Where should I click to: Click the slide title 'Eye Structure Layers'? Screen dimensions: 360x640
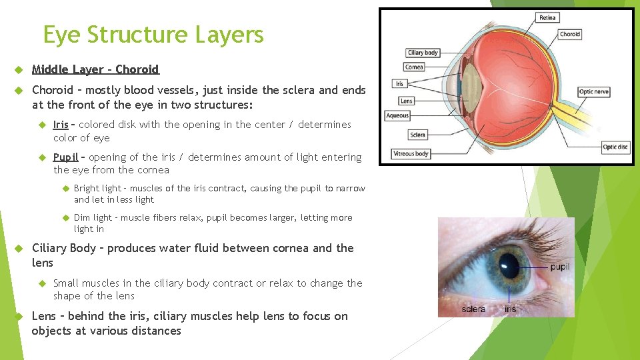pyautogui.click(x=153, y=35)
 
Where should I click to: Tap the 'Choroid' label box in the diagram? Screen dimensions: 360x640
pyautogui.click(x=569, y=34)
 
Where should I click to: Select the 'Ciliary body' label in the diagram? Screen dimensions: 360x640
pyautogui.click(x=423, y=53)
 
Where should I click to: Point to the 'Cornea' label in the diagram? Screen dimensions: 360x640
pyautogui.click(x=414, y=67)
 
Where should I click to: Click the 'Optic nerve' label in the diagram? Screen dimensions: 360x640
pyautogui.click(x=593, y=92)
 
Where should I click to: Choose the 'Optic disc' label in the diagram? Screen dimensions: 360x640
pyautogui.click(x=615, y=147)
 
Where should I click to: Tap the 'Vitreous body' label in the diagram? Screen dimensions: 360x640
pyautogui.click(x=411, y=153)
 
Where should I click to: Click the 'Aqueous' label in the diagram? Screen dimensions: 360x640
pyautogui.click(x=398, y=116)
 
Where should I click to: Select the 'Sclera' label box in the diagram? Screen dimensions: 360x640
pyautogui.click(x=417, y=135)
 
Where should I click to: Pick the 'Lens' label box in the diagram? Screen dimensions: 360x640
pyautogui.click(x=406, y=101)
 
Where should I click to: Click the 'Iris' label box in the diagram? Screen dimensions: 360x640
pyautogui.click(x=399, y=84)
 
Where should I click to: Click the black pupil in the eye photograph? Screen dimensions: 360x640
pyautogui.click(x=511, y=265)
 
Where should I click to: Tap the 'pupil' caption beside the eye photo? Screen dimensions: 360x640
pyautogui.click(x=560, y=267)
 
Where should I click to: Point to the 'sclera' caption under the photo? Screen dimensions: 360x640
pyautogui.click(x=474, y=309)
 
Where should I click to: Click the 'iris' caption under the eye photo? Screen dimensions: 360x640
pyautogui.click(x=510, y=309)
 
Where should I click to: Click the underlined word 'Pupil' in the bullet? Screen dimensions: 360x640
pyautogui.click(x=66, y=157)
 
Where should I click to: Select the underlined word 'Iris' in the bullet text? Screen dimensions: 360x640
pyautogui.click(x=61, y=125)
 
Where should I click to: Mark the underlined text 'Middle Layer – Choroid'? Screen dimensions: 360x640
pyautogui.click(x=95, y=69)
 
